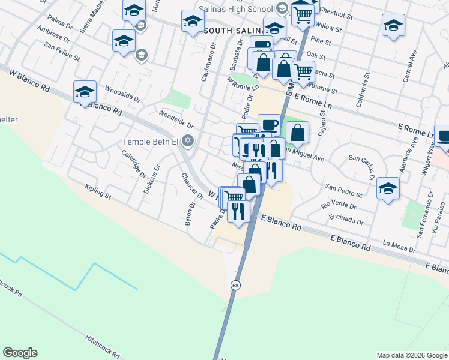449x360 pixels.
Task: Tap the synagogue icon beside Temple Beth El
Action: [x=187, y=141]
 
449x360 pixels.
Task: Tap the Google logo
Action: [x=20, y=353]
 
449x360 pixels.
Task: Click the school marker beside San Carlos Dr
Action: [x=388, y=188]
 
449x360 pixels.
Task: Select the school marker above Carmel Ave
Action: [x=393, y=25]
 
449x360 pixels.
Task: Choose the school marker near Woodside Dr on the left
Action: [x=85, y=92]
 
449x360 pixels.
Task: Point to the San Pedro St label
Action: [x=344, y=191]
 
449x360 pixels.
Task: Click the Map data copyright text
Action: [x=411, y=355]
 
